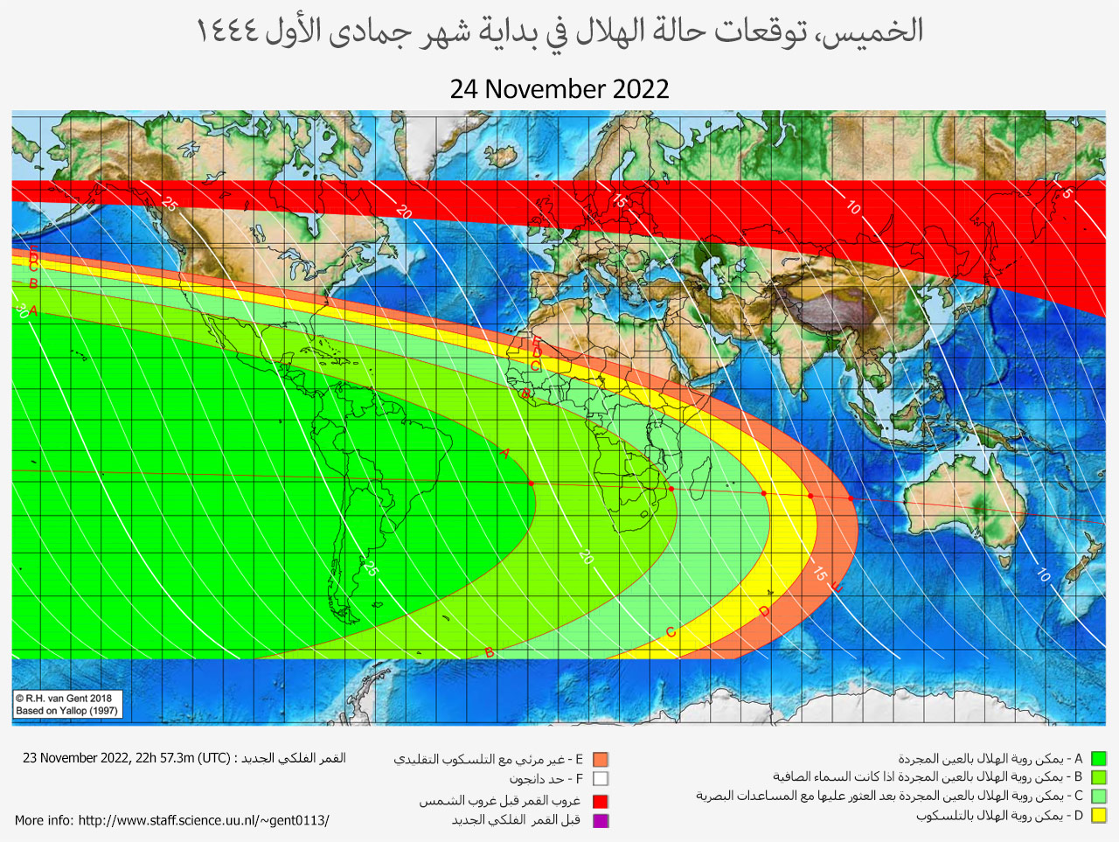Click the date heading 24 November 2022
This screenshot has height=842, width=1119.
[x=559, y=89]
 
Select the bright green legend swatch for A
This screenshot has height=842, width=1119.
[x=1099, y=759]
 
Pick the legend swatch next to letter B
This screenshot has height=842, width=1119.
[x=1099, y=777]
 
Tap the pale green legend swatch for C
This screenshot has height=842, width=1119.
[x=1099, y=797]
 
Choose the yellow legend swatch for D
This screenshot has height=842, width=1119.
[x=1099, y=816]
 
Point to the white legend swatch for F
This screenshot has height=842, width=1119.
[x=601, y=779]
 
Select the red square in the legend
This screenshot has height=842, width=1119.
[x=601, y=801]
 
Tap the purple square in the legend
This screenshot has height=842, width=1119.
[x=601, y=820]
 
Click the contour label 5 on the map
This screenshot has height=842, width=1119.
[x=1067, y=193]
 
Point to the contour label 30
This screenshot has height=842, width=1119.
[x=21, y=310]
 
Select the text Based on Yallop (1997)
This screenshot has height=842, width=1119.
[x=66, y=711]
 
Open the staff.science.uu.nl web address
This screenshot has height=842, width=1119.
[x=204, y=820]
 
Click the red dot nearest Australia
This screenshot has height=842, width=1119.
[x=851, y=498]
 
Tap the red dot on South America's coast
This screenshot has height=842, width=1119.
[x=531, y=484]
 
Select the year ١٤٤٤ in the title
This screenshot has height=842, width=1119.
[x=226, y=31]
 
